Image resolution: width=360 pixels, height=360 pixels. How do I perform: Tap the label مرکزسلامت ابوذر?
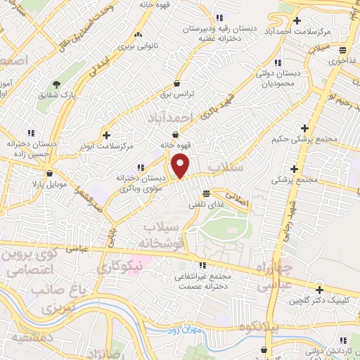(x=108, y=146)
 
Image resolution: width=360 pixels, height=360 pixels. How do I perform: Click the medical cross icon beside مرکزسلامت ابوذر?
(x=106, y=134)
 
